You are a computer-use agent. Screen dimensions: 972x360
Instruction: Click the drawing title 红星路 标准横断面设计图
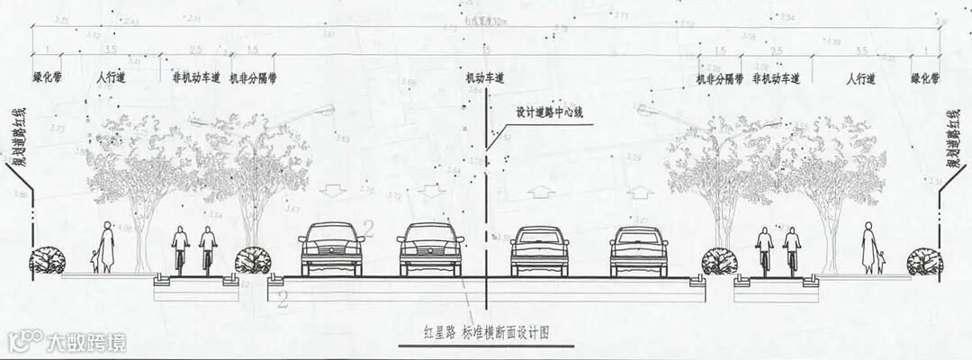pos(486,331)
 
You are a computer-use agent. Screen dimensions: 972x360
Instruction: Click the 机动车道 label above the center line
pos(484,79)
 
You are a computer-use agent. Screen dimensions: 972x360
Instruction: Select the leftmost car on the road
pos(332,248)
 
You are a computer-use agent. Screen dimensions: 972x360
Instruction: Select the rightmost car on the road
pos(639,250)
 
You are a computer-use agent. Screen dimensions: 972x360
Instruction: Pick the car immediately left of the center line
pos(431,248)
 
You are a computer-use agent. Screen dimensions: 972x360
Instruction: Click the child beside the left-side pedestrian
pos(94,260)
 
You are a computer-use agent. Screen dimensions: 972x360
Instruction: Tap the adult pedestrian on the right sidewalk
pos(869,247)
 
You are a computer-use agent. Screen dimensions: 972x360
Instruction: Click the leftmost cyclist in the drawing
pos(180,249)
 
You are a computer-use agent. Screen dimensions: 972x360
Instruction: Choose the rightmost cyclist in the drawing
pos(792,249)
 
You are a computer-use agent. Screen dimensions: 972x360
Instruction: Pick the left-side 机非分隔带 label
pos(253,79)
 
